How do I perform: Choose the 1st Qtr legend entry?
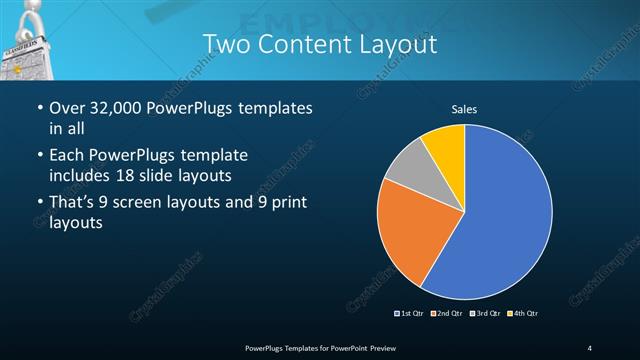tap(410, 314)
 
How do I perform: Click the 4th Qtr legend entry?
tap(523, 314)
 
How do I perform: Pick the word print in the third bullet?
tap(284, 203)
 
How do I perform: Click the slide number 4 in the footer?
tap(590, 347)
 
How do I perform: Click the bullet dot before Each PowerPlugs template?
tap(39, 156)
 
